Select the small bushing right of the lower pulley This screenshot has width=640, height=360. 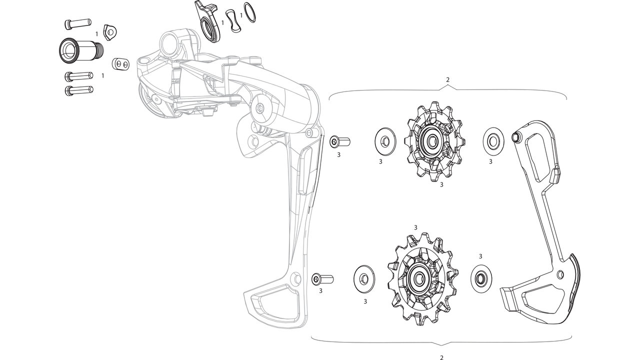pyautogui.click(x=481, y=276)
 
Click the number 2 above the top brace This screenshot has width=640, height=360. pyautogui.click(x=447, y=80)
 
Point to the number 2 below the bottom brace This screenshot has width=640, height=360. pyautogui.click(x=441, y=357)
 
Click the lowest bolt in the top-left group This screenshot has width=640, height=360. pyautogui.click(x=79, y=90)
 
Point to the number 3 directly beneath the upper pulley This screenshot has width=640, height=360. pyautogui.click(x=441, y=184)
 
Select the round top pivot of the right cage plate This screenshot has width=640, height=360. pyautogui.click(x=516, y=136)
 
